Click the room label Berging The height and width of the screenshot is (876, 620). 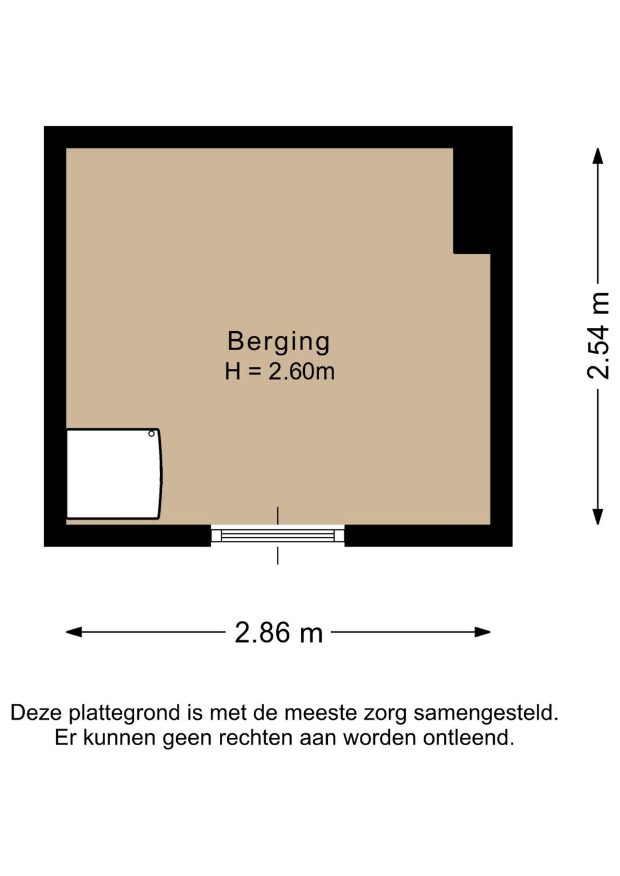[x=278, y=342]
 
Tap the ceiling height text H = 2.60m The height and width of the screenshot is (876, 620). [x=280, y=371]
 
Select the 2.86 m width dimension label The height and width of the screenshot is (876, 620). [x=278, y=633]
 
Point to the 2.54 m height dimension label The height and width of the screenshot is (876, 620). [x=598, y=336]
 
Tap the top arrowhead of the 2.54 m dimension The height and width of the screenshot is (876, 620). [x=598, y=156]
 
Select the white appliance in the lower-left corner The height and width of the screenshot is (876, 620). [x=113, y=474]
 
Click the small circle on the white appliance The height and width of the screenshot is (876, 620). [x=152, y=433]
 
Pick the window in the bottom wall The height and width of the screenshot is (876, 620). [x=278, y=536]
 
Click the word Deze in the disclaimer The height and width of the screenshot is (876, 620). [x=36, y=713]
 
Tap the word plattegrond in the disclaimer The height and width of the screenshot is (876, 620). [x=125, y=713]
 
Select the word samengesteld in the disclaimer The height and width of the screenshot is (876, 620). [x=486, y=713]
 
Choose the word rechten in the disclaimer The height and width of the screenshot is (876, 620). [x=256, y=738]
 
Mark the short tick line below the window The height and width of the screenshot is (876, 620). [x=278, y=556]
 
